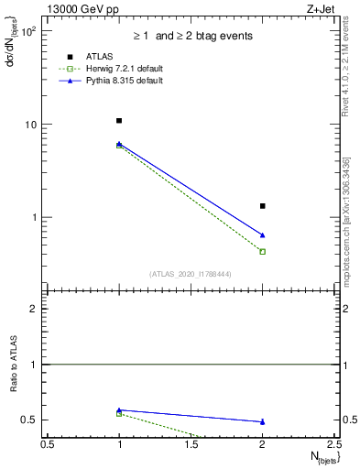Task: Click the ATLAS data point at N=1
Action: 119,121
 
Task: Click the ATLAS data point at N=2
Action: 263,206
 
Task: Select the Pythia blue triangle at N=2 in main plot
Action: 263,235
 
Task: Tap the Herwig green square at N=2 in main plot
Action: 263,252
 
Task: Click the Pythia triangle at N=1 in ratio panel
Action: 119,409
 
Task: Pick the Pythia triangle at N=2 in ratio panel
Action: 263,421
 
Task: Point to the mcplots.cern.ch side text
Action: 352,247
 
